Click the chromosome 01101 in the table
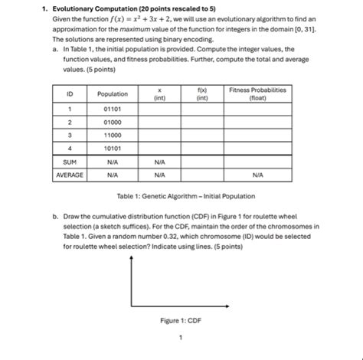click(x=113, y=109)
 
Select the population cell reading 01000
click(x=113, y=122)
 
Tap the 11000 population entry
click(x=113, y=135)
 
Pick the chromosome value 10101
click(x=113, y=148)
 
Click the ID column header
click(x=70, y=93)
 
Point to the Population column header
click(x=113, y=93)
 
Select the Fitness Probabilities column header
click(x=257, y=93)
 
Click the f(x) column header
click(x=202, y=93)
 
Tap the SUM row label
click(x=70, y=162)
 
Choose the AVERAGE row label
click(x=70, y=175)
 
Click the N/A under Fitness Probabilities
click(x=257, y=175)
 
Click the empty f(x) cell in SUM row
click(x=202, y=162)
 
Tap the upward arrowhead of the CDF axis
click(x=133, y=257)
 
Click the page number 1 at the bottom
click(x=181, y=337)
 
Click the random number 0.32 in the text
click(x=200, y=237)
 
